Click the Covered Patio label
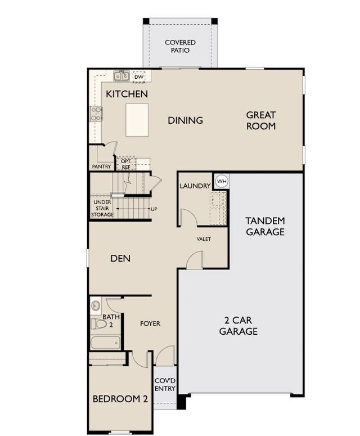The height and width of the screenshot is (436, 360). pyautogui.click(x=180, y=47)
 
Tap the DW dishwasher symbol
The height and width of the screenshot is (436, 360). pyautogui.click(x=139, y=77)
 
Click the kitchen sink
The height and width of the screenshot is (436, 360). pyautogui.click(x=121, y=76)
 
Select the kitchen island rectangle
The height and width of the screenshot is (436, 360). pyautogui.click(x=137, y=120)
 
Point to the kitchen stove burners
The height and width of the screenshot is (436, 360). pyautogui.click(x=96, y=114)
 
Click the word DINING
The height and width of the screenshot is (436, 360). pyautogui.click(x=185, y=120)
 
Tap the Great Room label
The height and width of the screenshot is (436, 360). pyautogui.click(x=261, y=120)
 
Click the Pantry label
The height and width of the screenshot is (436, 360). pyautogui.click(x=101, y=167)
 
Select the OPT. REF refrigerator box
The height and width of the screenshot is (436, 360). pyautogui.click(x=125, y=163)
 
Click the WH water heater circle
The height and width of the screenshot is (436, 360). pyautogui.click(x=222, y=181)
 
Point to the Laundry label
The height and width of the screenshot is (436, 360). pyautogui.click(x=195, y=186)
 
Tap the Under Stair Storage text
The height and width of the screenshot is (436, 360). pyautogui.click(x=102, y=208)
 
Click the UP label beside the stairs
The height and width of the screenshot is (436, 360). pyautogui.click(x=154, y=209)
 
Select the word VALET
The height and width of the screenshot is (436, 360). pyautogui.click(x=204, y=239)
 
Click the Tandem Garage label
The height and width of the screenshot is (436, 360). pyautogui.click(x=265, y=226)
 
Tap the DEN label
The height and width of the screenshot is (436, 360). pyautogui.click(x=120, y=258)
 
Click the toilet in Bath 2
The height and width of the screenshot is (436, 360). pyautogui.click(x=98, y=323)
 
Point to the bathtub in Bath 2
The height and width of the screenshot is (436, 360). pyautogui.click(x=105, y=343)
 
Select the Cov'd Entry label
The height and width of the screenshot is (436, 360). pyautogui.click(x=165, y=385)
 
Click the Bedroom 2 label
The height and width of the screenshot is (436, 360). pyautogui.click(x=120, y=399)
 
